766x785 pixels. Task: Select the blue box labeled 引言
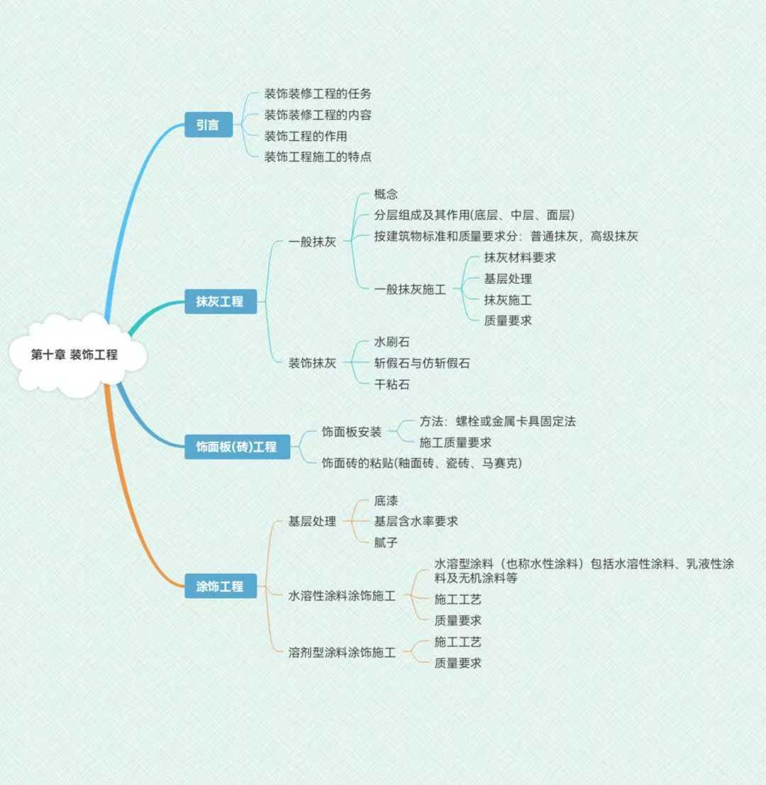[x=208, y=126]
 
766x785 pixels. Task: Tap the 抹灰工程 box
[x=220, y=301]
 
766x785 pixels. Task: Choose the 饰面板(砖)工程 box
[x=236, y=447]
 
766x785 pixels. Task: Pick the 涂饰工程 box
[x=220, y=586]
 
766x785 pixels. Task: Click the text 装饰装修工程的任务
[x=318, y=94]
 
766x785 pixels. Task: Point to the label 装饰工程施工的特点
[x=318, y=157]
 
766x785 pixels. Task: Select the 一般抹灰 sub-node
[x=312, y=242]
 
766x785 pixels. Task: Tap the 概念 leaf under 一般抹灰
[x=386, y=194]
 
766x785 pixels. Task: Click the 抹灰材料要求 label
[x=520, y=257]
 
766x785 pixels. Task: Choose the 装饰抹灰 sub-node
[x=312, y=363]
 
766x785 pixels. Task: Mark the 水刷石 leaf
[x=392, y=342]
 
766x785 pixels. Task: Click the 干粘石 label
[x=392, y=384]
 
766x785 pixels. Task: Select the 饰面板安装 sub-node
[x=352, y=432]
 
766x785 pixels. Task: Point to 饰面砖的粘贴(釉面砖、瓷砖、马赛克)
[x=421, y=463]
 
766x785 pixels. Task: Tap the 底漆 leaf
[x=386, y=501]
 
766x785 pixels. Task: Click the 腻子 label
[x=386, y=542]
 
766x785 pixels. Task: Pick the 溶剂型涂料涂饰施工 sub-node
[x=342, y=652]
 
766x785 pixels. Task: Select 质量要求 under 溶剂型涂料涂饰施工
[x=458, y=663]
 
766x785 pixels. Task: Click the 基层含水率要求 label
[x=416, y=521]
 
